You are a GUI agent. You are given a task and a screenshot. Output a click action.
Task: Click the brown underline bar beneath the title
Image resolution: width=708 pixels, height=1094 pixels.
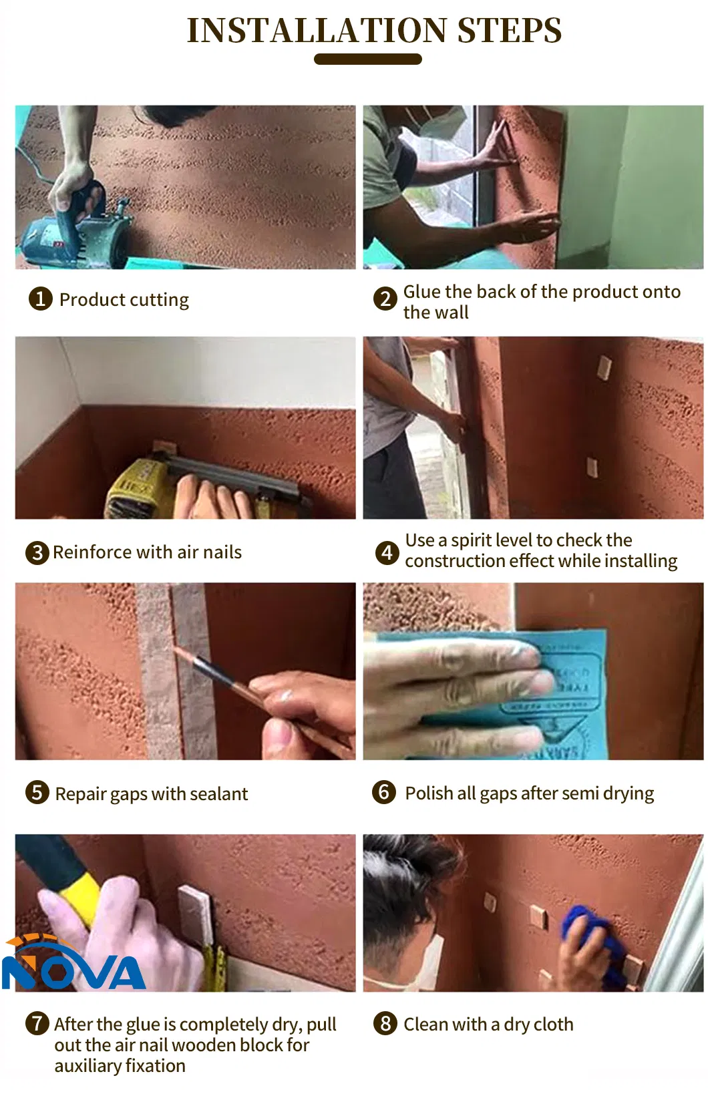367,59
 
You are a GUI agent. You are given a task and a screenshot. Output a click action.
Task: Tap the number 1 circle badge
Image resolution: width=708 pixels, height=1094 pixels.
40,299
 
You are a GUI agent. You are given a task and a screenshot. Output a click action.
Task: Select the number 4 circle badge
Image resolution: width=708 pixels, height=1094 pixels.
387,552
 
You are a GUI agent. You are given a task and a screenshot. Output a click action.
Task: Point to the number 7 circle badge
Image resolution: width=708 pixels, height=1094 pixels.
37,1023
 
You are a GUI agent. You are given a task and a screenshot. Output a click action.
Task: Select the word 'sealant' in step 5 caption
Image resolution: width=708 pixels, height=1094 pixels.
218,793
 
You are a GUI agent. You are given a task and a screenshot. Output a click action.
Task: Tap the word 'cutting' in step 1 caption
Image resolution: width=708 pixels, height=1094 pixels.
159,299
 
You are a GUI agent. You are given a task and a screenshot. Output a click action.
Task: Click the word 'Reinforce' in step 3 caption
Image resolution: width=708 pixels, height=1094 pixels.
92,552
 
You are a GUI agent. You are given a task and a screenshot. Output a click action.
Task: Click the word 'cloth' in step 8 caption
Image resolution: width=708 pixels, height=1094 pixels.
552,1024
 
